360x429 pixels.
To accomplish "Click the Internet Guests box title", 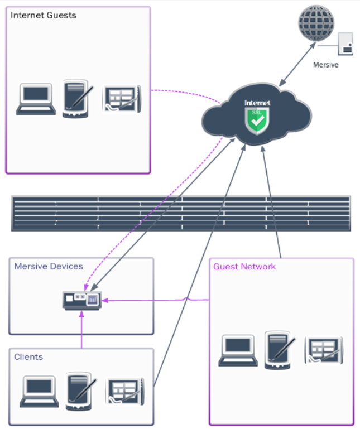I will pyautogui.click(x=44, y=15).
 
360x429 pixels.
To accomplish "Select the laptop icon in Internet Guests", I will pyautogui.click(x=36, y=99).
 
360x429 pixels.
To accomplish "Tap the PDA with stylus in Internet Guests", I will pyautogui.click(x=76, y=99).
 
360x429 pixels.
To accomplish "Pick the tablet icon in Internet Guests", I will pyautogui.click(x=121, y=99).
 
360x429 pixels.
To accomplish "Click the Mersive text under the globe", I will pyautogui.click(x=325, y=65).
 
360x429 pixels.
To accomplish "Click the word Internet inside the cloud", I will pyautogui.click(x=257, y=103).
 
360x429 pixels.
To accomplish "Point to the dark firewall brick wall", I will pyautogui.click(x=181, y=213).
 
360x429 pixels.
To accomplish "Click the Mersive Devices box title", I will pyautogui.click(x=49, y=266).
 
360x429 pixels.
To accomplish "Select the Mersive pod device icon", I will pyautogui.click(x=82, y=300).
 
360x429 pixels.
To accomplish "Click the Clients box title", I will pyautogui.click(x=28, y=356).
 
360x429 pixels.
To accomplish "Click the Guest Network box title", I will pyautogui.click(x=244, y=267).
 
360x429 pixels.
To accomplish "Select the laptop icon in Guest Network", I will pyautogui.click(x=238, y=350).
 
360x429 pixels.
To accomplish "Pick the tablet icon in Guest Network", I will pyautogui.click(x=324, y=350).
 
